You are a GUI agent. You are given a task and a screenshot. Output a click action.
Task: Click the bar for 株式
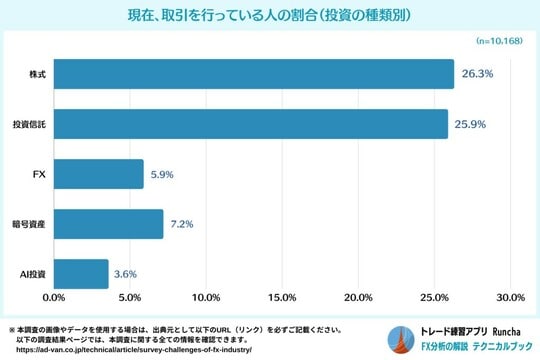253,74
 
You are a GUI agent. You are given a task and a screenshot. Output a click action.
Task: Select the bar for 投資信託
250,124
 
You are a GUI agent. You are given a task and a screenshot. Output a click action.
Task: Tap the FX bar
98,174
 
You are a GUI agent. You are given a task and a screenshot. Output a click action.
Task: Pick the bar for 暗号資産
108,224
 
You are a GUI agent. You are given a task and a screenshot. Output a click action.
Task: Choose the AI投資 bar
80,273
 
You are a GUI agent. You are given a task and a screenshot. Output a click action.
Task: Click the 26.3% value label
478,74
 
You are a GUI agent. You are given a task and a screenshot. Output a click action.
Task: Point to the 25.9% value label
472,124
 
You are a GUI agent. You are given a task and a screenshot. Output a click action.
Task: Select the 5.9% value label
162,174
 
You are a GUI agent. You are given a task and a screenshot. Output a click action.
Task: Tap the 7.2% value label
182,224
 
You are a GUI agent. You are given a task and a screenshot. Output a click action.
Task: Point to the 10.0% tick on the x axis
205,298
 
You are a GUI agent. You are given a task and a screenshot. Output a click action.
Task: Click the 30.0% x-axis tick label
510,298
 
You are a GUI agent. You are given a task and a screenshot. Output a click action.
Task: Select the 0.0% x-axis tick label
53,298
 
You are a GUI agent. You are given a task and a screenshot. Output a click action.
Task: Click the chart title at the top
269,15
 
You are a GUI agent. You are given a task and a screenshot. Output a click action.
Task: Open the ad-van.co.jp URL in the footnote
127,349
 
